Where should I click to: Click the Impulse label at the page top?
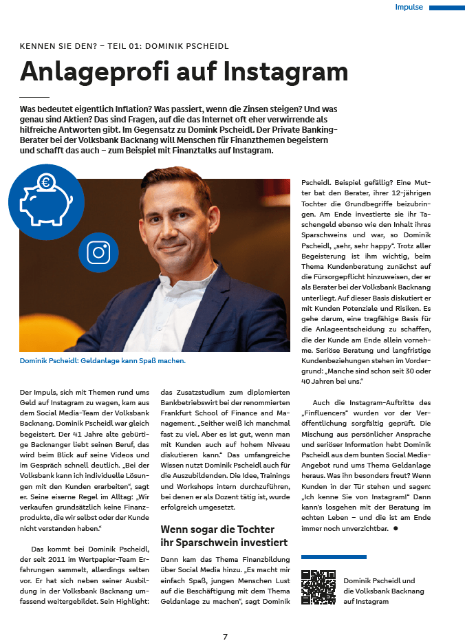pyautogui.click(x=409, y=8)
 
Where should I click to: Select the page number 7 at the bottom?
pyautogui.click(x=225, y=636)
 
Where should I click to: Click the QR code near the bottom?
pyautogui.click(x=318, y=587)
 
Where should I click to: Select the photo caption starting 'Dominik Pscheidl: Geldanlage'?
pyautogui.click(x=102, y=360)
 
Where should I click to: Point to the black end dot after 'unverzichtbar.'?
pyautogui.click(x=396, y=528)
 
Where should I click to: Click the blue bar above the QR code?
pyautogui.click(x=334, y=557)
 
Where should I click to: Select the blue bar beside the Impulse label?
pyautogui.click(x=446, y=8)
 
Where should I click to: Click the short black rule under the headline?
pyautogui.click(x=34, y=97)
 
